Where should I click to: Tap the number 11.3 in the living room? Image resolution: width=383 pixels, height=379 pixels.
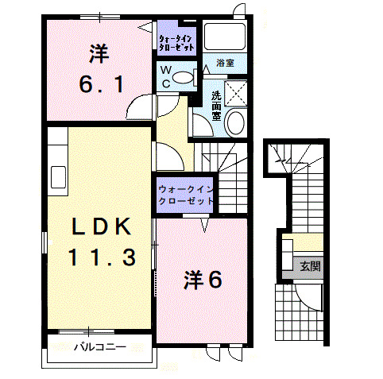coord(101,257)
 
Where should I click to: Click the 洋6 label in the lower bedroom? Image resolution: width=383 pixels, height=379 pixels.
coord(203,280)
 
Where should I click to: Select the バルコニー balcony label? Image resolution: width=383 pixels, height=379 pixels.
coord(100,346)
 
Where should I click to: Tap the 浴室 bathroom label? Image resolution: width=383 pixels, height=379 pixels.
coord(225,63)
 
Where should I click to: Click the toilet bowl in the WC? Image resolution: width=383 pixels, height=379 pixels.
coord(184,78)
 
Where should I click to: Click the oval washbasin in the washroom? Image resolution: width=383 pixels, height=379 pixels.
coord(235,123)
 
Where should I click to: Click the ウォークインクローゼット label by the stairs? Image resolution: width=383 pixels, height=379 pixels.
coord(185,195)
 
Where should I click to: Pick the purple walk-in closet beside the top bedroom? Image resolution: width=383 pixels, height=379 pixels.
coord(175,41)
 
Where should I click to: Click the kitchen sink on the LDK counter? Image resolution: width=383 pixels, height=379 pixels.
coord(58,174)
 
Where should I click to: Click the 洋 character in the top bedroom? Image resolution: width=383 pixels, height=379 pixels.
coord(98,54)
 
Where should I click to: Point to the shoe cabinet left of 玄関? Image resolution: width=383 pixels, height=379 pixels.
coord(286,253)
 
